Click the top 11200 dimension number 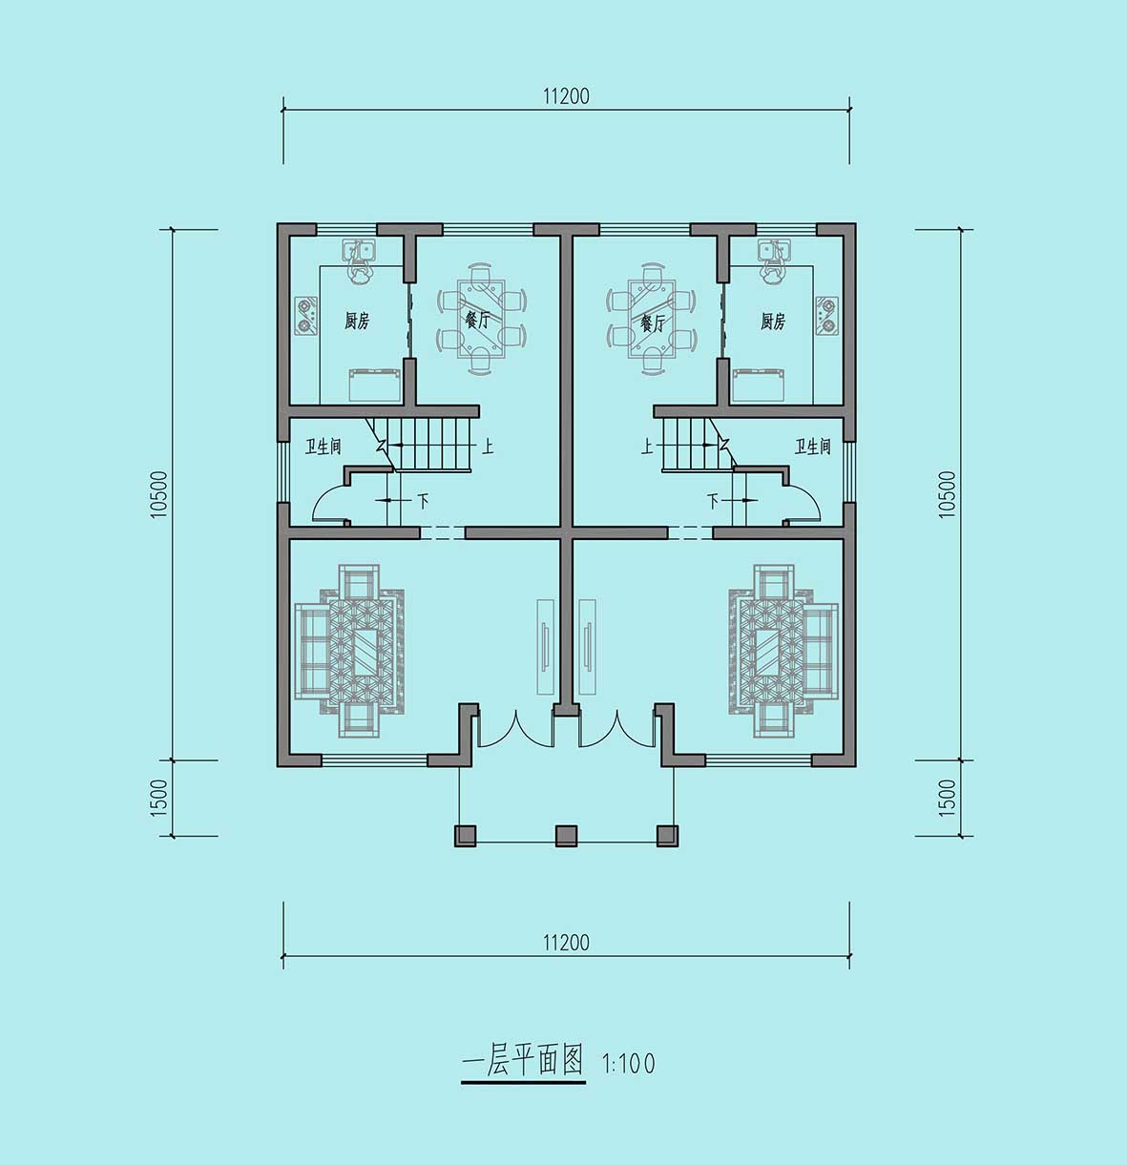pos(566,96)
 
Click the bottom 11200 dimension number pos(566,943)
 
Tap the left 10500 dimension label pos(159,494)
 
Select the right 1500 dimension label pos(948,798)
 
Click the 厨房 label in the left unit pos(357,321)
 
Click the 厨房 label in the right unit pos(773,321)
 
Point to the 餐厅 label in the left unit pos(477,321)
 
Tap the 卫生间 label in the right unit pos(813,446)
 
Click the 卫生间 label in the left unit pos(323,446)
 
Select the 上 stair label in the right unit pos(647,446)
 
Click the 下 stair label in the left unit pos(423,500)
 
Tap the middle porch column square pos(567,836)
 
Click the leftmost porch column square pos(466,836)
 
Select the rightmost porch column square pos(668,836)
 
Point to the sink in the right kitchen pos(773,251)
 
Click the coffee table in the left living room pos(364,652)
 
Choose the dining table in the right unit pos(651,319)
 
